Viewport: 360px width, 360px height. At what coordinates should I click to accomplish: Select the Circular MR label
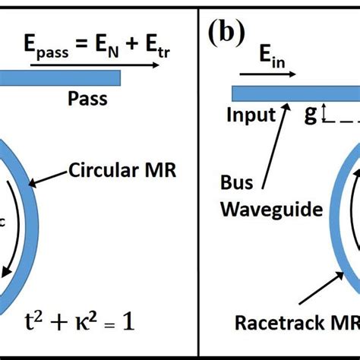tap(133, 169)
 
